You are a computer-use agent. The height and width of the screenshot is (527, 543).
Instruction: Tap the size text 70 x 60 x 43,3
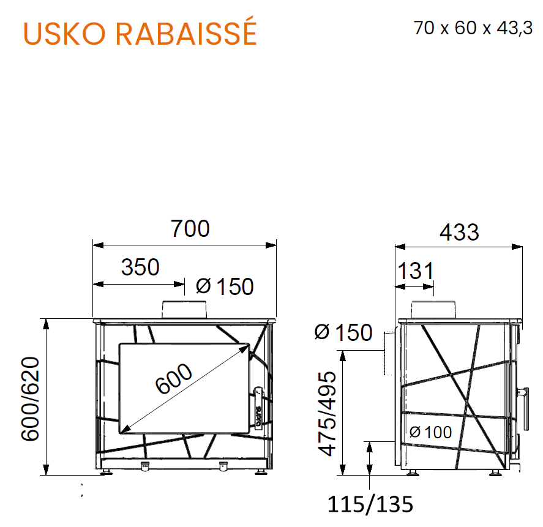(473, 28)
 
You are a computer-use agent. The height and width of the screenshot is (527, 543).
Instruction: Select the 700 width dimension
(190, 228)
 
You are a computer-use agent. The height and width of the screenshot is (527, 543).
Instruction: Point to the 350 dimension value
(140, 267)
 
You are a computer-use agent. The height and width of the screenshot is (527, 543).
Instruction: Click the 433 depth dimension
(459, 232)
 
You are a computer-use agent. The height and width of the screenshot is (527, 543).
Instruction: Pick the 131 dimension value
(415, 271)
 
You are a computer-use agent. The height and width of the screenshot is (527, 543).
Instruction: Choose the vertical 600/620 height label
(31, 398)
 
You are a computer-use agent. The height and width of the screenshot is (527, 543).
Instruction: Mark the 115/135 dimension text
(370, 504)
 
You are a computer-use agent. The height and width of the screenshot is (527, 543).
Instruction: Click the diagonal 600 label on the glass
(173, 378)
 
